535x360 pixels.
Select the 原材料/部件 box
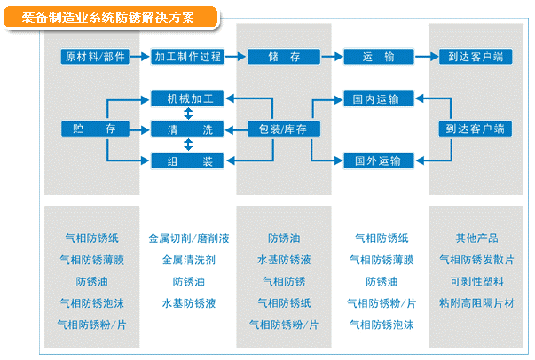pyautogui.click(x=95, y=56)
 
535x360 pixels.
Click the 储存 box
pyautogui.click(x=284, y=56)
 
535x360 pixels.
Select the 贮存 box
pyautogui.click(x=95, y=129)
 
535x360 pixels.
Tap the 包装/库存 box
pyautogui.click(x=284, y=129)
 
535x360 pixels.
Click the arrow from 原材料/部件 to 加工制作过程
pyautogui.click(x=140, y=56)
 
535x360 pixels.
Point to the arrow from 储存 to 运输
pyautogui.click(x=330, y=56)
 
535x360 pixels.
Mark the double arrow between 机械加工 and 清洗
pyautogui.click(x=187, y=113)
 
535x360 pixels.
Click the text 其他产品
pyautogui.click(x=476, y=239)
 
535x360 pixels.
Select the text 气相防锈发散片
pyautogui.click(x=476, y=260)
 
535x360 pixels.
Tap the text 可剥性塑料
pyautogui.click(x=476, y=281)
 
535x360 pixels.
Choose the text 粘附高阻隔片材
pyautogui.click(x=476, y=303)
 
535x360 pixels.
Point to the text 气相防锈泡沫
pyautogui.click(x=95, y=303)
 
